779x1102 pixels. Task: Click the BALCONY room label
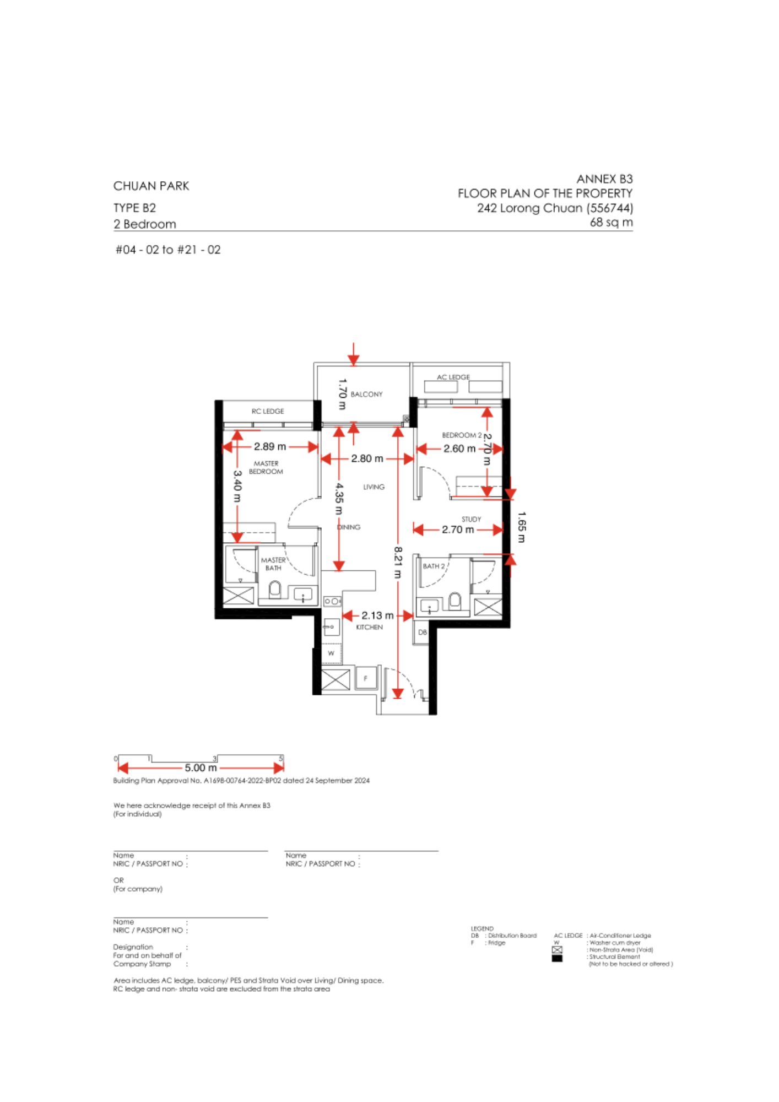click(x=366, y=395)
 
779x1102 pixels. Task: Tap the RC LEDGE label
click(x=268, y=411)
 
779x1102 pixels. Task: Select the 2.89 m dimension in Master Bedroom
click(x=270, y=446)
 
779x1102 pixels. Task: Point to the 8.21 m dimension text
click(x=398, y=562)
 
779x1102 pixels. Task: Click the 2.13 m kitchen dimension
click(x=377, y=615)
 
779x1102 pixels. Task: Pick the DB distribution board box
click(x=421, y=632)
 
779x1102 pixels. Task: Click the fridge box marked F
click(x=366, y=678)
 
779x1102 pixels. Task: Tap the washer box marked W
click(x=332, y=653)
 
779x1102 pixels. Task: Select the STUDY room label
click(x=471, y=519)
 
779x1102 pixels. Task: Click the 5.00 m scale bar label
click(x=201, y=768)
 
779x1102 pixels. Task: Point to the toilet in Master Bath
click(x=274, y=590)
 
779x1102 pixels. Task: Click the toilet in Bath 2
click(x=455, y=601)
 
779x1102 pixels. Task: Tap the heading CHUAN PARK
click(x=151, y=186)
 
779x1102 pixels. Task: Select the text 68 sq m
click(x=612, y=223)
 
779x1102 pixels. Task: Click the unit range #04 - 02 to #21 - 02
click(x=168, y=250)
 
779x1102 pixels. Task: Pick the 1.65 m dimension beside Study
click(x=522, y=527)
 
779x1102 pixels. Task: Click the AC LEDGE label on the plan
click(x=453, y=377)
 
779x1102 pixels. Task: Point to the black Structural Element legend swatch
click(x=557, y=958)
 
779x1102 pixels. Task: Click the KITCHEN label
click(x=369, y=627)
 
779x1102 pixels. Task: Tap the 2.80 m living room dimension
click(x=367, y=458)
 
